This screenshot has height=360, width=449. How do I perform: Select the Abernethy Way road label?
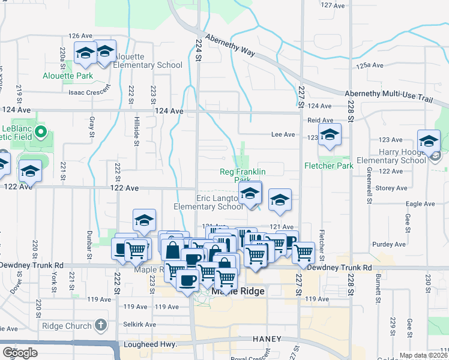tap(231, 46)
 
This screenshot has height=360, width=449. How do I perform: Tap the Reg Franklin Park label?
tap(243, 175)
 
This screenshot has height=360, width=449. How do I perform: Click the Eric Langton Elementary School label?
tap(208, 202)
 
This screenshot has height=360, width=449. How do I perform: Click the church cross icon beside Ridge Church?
tap(101, 326)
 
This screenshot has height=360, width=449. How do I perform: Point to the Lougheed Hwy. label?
tap(150, 344)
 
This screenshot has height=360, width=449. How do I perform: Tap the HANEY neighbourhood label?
tap(267, 339)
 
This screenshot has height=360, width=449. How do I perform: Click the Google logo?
tap(20, 352)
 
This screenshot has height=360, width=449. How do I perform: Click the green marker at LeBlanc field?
tap(41, 131)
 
